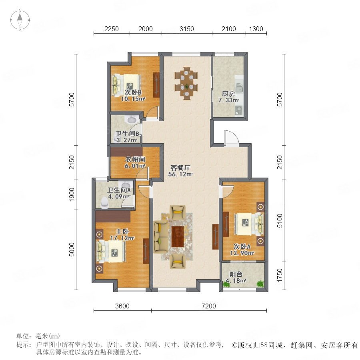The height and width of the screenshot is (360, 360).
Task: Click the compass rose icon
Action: pyautogui.click(x=20, y=20)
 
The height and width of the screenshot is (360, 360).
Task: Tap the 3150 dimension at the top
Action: pyautogui.click(x=187, y=29)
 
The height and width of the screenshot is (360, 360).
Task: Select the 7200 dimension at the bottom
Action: pyautogui.click(x=209, y=306)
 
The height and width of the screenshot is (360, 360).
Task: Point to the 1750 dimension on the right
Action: pyautogui.click(x=280, y=275)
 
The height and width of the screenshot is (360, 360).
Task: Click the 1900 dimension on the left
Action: pyautogui.click(x=72, y=195)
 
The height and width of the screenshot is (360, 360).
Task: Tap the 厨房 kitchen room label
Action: pyautogui.click(x=228, y=94)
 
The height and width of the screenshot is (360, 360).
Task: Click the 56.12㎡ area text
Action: pyautogui.click(x=180, y=174)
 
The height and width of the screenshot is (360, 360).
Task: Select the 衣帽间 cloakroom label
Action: pyautogui.click(x=135, y=159)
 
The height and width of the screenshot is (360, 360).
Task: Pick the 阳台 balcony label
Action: pyautogui.click(x=236, y=274)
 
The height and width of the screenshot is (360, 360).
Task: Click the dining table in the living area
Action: pyautogui.click(x=186, y=84)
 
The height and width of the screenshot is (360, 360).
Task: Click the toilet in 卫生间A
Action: pyautogui.click(x=104, y=203)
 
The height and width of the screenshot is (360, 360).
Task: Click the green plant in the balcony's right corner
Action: pyautogui.click(x=260, y=284)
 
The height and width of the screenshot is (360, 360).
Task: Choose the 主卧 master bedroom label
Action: pyautogui.click(x=122, y=232)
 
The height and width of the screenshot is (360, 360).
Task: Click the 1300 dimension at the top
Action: pyautogui.click(x=256, y=29)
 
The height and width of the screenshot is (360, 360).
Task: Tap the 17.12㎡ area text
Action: pyautogui.click(x=122, y=238)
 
